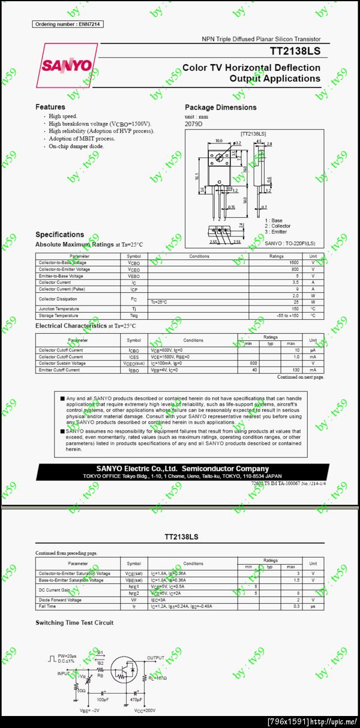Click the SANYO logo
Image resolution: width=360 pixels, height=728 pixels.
tap(67, 65)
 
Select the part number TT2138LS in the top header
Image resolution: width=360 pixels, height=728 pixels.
tap(295, 52)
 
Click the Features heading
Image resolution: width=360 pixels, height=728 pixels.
tap(50, 107)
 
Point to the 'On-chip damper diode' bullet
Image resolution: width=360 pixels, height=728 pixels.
tap(76, 146)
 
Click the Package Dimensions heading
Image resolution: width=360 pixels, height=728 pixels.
tap(220, 107)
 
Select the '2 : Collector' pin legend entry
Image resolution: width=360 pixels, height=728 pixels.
tap(277, 226)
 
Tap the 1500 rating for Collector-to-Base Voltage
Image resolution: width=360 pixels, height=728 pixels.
tap(293, 263)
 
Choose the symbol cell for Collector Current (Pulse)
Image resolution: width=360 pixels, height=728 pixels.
tap(134, 289)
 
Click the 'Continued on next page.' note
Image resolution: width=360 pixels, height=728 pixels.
tap(300, 378)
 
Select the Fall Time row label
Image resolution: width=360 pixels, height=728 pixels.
tap(49, 606)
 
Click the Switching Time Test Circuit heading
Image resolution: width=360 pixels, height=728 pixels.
tap(74, 623)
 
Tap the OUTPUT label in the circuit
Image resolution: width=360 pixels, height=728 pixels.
tap(155, 658)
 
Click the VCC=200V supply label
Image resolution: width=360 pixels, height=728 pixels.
tap(145, 711)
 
